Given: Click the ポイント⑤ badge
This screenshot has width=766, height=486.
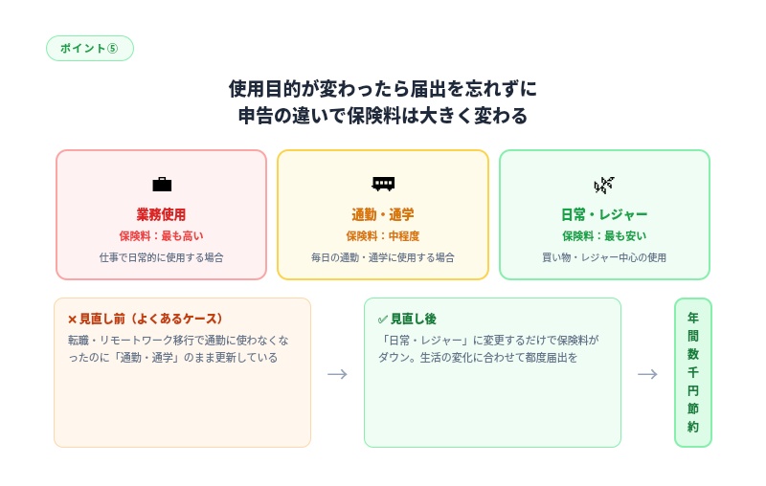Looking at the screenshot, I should tap(89, 48).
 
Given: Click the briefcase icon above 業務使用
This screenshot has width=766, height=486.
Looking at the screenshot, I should tap(162, 184).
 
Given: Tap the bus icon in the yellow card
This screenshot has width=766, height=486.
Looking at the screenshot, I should tap(383, 184).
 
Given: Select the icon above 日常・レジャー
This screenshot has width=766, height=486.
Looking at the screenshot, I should tap(604, 184).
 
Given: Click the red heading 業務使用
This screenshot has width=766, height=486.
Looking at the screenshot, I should tap(161, 214).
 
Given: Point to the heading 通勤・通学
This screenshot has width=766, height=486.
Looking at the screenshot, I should tap(383, 214).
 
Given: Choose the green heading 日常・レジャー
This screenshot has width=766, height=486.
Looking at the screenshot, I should tap(604, 214).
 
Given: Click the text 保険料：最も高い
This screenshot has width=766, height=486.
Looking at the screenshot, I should tap(161, 235).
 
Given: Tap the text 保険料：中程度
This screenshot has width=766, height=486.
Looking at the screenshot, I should tap(383, 235).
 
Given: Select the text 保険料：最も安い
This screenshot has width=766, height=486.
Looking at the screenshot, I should tap(604, 235).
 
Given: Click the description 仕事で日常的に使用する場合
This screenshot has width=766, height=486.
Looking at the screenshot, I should tap(161, 257).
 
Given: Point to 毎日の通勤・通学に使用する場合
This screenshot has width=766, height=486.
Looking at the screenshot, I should tap(383, 257).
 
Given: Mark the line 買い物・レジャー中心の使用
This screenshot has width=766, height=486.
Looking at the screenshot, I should tap(604, 257).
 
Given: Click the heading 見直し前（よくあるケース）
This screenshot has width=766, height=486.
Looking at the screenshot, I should tap(150, 319).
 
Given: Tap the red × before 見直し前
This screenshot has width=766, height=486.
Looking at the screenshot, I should tap(72, 319).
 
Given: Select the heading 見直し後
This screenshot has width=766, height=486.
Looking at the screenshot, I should tap(413, 319).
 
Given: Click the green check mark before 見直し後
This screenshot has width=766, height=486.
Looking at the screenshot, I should tap(383, 319).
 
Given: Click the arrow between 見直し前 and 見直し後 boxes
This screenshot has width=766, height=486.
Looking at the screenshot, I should tap(337, 373).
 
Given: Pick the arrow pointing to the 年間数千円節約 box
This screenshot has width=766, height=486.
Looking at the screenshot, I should tap(647, 373).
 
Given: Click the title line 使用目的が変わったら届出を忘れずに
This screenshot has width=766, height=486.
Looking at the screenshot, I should tap(383, 89).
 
